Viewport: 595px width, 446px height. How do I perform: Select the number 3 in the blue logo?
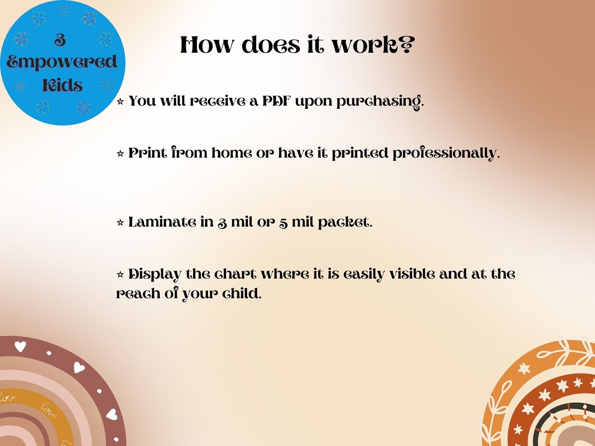(60, 40)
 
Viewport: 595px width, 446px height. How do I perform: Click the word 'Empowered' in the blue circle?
(62, 62)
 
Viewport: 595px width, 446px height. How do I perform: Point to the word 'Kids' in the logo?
(62, 85)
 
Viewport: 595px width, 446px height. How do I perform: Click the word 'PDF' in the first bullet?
(276, 101)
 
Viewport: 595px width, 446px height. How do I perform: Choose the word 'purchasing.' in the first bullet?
(380, 101)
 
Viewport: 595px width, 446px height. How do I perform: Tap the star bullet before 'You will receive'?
(120, 101)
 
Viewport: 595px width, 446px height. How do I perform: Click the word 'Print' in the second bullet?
(147, 153)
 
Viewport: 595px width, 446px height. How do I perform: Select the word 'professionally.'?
(446, 153)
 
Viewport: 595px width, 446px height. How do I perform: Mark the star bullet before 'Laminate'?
(120, 223)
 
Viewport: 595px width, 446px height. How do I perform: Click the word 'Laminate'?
(162, 222)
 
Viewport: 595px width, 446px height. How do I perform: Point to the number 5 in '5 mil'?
(283, 223)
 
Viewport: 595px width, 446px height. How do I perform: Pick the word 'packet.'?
(345, 222)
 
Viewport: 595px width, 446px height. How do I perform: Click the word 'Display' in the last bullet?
(155, 274)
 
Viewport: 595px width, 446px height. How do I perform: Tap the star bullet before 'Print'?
(120, 154)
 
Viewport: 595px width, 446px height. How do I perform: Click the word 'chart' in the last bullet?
(235, 274)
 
